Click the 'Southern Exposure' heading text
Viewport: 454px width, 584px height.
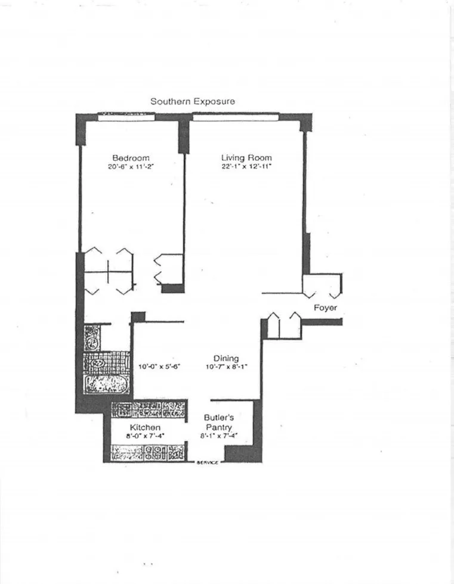point(192,101)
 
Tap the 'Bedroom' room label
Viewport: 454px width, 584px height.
point(131,158)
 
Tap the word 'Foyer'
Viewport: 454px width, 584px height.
point(326,308)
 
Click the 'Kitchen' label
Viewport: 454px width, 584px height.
point(145,427)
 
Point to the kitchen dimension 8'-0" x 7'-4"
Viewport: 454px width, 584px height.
point(145,436)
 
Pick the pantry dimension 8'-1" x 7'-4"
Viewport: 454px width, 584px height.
point(218,436)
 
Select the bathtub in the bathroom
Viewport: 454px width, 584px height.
point(106,384)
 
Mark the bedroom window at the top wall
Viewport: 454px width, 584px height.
point(126,116)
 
